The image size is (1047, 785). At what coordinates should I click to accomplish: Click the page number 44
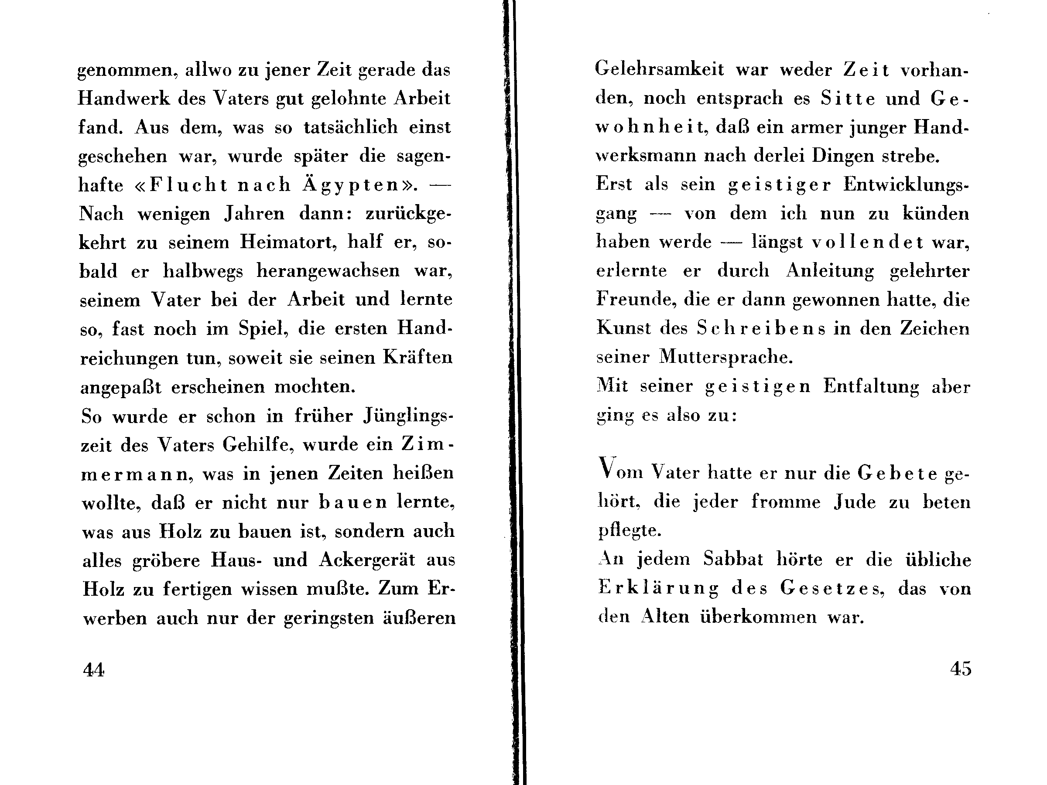(x=93, y=669)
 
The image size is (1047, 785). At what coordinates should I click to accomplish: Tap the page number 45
(x=960, y=668)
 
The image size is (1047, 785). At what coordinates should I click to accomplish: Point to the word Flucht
(x=188, y=185)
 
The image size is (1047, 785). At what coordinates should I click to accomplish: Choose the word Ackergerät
(x=367, y=560)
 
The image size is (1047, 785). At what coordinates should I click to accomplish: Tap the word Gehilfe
(x=256, y=445)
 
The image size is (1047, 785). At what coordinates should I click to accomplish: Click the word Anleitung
(x=830, y=271)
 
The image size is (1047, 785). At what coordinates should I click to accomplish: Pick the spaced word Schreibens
(x=761, y=328)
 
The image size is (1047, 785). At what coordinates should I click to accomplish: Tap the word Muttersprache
(x=725, y=357)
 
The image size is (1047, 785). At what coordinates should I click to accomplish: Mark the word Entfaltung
(x=871, y=386)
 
